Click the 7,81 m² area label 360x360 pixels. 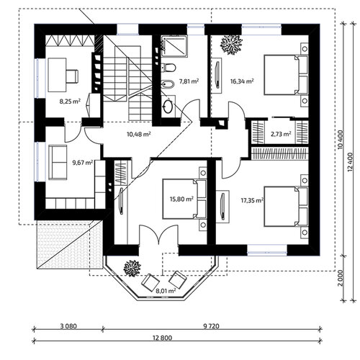point(189,81)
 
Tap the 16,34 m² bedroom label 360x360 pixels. point(242,81)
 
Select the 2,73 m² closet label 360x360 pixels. point(281,134)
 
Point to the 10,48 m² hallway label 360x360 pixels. point(139,134)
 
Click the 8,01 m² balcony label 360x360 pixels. point(166,291)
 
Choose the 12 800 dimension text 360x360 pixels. point(162,338)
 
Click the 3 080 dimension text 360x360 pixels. point(68,326)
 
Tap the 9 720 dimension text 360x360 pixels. point(211,326)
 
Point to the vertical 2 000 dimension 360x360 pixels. point(340,278)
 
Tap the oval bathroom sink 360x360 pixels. point(168,106)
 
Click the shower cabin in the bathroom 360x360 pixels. point(174,46)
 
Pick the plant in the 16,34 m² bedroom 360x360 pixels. point(231,45)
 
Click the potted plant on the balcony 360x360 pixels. point(132,269)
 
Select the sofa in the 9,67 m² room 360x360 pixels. point(58,162)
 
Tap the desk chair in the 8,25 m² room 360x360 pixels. point(72,76)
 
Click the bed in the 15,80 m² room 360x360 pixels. point(184,199)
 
